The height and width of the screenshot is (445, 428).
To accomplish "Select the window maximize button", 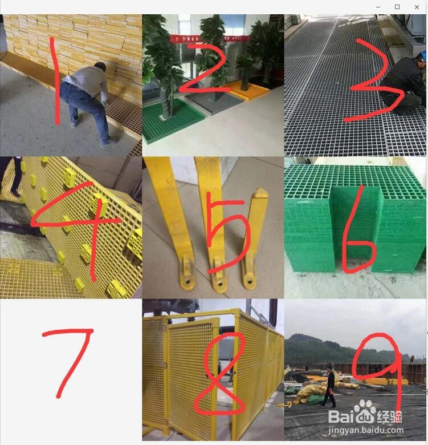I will tap(397, 7).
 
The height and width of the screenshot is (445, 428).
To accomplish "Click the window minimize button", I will tap(377, 7).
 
